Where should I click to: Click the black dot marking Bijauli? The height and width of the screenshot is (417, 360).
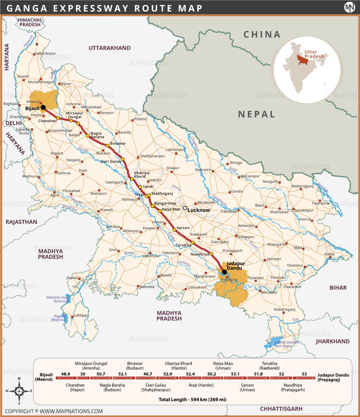43,107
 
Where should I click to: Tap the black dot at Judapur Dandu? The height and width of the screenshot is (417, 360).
224,272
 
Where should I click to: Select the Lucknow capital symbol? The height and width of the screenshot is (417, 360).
185,208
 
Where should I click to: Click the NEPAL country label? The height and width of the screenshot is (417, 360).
257,114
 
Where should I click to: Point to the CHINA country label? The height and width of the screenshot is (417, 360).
262,34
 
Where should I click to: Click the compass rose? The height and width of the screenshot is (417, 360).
19,391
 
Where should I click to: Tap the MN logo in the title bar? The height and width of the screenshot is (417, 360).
349,7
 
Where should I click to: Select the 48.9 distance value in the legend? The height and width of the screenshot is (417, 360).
65,374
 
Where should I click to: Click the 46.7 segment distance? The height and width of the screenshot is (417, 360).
148,374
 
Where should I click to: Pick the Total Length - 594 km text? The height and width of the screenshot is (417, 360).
193,400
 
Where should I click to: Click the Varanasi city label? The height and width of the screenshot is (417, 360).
278,277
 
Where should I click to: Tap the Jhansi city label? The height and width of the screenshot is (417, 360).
72,278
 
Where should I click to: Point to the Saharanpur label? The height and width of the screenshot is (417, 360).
46,53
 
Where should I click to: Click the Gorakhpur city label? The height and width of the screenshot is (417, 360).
304,210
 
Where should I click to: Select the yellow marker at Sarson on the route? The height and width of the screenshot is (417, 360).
174,230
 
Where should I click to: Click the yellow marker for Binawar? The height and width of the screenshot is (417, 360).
107,145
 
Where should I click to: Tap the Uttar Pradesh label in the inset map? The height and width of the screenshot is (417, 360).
314,54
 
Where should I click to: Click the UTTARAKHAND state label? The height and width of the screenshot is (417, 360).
109,48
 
